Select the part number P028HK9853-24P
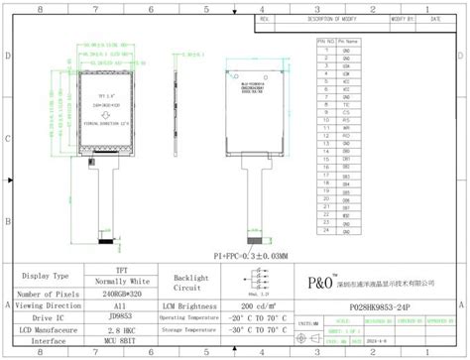378,308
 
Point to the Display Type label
47,276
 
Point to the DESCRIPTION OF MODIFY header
333,19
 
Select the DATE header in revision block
437,19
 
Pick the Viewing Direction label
47,308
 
